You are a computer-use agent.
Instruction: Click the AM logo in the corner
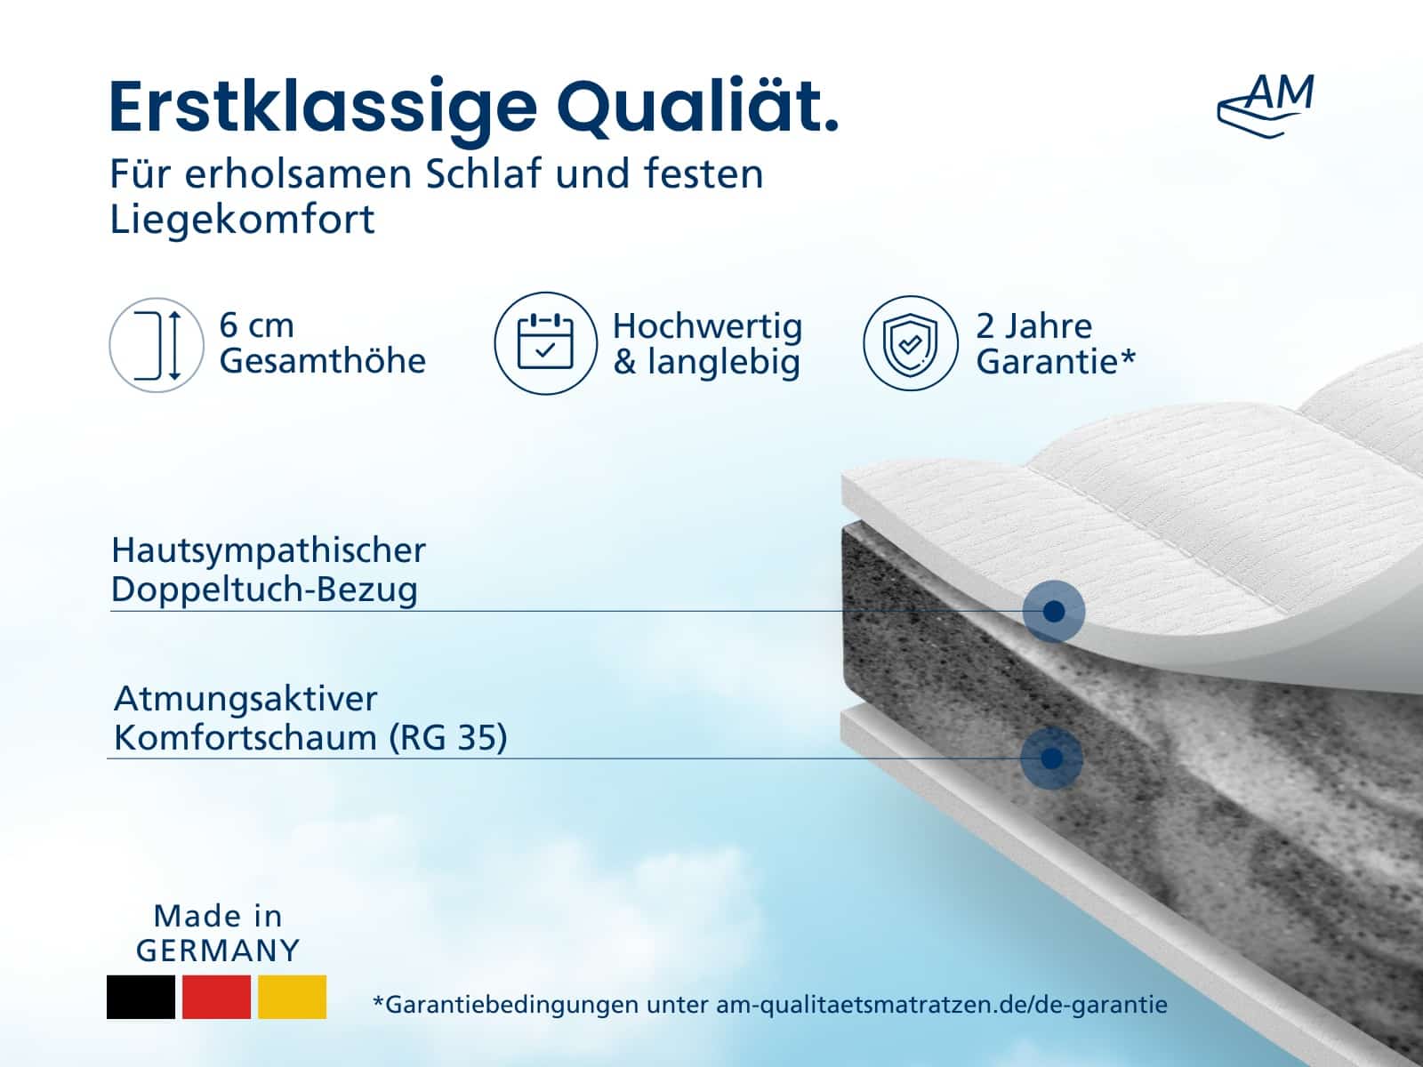point(1266,106)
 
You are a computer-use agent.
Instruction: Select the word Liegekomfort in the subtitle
point(242,219)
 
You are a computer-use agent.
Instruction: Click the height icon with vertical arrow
point(157,345)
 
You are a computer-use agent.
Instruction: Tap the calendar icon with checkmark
point(545,343)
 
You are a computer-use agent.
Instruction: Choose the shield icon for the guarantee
point(910,343)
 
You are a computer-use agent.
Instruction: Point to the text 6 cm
point(257,325)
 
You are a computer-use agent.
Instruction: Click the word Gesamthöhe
point(322,361)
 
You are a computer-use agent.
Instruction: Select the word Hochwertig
point(707,326)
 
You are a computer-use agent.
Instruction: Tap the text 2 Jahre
point(1033,325)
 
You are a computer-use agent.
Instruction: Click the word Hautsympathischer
point(269,550)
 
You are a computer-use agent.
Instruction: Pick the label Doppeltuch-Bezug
point(264,590)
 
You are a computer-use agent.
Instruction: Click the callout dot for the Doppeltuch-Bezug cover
point(1054,611)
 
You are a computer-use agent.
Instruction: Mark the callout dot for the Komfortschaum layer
point(1051,758)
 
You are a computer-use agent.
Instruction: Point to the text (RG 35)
point(447,738)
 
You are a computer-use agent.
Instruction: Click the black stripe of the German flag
point(141,997)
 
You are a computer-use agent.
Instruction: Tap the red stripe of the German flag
point(216,997)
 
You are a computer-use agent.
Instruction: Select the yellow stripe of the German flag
point(293,997)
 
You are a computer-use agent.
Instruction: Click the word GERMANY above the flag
point(218,951)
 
